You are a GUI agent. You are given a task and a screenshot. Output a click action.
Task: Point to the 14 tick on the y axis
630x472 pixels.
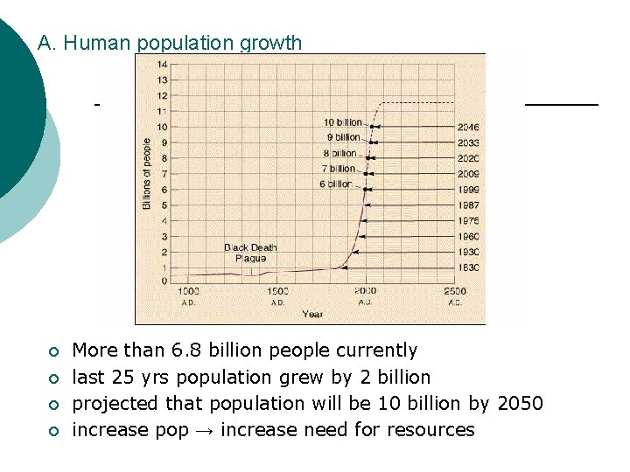[x=163, y=65]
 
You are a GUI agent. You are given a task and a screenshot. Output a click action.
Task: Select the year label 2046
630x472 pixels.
[x=468, y=128]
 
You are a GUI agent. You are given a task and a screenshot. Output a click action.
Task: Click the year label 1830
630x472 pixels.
[x=468, y=267]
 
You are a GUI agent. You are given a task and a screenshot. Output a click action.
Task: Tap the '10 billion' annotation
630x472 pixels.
[x=343, y=122]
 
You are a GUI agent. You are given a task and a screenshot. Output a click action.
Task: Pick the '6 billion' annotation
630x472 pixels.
[x=336, y=184]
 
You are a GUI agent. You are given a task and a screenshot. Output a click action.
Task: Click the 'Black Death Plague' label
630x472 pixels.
[x=250, y=253]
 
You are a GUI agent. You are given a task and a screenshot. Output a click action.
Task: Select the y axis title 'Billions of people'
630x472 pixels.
[x=147, y=173]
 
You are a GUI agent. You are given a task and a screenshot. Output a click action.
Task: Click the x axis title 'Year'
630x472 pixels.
[x=312, y=314]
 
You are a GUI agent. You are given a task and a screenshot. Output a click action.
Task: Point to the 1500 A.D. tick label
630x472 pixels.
[x=277, y=295]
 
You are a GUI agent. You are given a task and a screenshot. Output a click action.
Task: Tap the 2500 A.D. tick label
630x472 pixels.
[x=455, y=295]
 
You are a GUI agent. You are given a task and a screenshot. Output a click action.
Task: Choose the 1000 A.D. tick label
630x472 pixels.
[x=189, y=295]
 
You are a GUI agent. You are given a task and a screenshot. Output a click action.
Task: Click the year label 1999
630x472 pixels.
[x=468, y=190]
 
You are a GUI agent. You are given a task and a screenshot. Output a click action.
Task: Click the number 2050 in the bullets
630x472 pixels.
[x=520, y=404]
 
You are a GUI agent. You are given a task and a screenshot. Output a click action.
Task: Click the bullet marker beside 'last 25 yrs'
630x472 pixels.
[x=52, y=378]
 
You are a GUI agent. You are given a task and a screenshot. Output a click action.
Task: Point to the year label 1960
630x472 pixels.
[x=468, y=237]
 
